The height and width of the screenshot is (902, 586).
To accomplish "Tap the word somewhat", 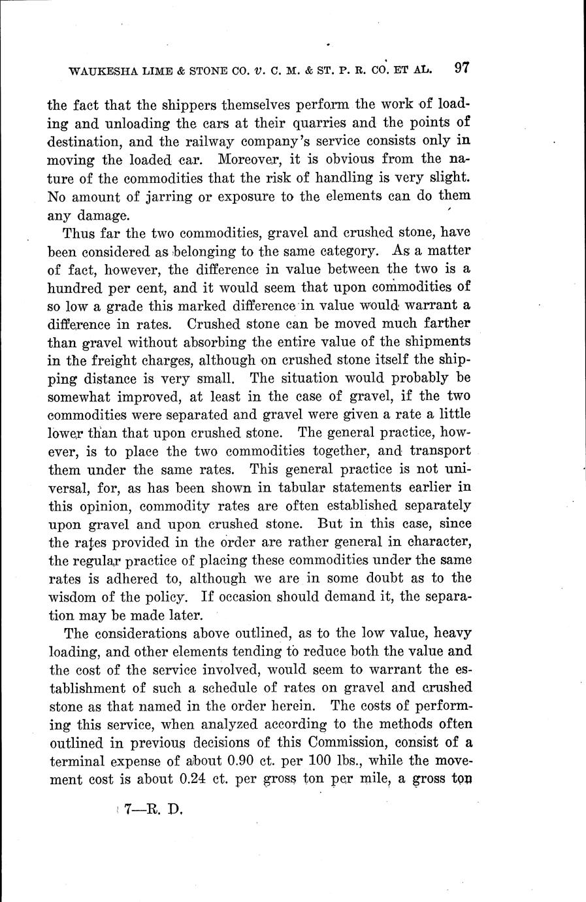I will click(82, 396).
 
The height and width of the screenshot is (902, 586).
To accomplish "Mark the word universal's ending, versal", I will click(69, 487).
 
